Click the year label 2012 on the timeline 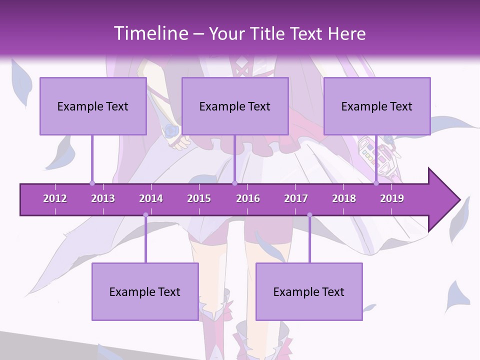(x=55, y=198)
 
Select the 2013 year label (x=103, y=198)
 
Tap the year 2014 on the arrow (x=151, y=198)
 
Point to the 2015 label (x=199, y=198)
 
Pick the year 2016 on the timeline (x=248, y=198)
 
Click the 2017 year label (x=296, y=198)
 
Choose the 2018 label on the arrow (x=344, y=198)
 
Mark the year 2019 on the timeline (x=392, y=198)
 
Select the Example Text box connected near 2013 (x=93, y=106)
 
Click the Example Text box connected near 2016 (x=235, y=106)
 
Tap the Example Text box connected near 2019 (x=377, y=106)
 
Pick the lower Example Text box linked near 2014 (x=145, y=291)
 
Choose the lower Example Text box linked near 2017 (x=309, y=291)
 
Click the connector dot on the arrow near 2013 (x=92, y=183)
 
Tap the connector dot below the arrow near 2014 (x=145, y=215)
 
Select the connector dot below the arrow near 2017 (x=309, y=215)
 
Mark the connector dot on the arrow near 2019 (x=376, y=183)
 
